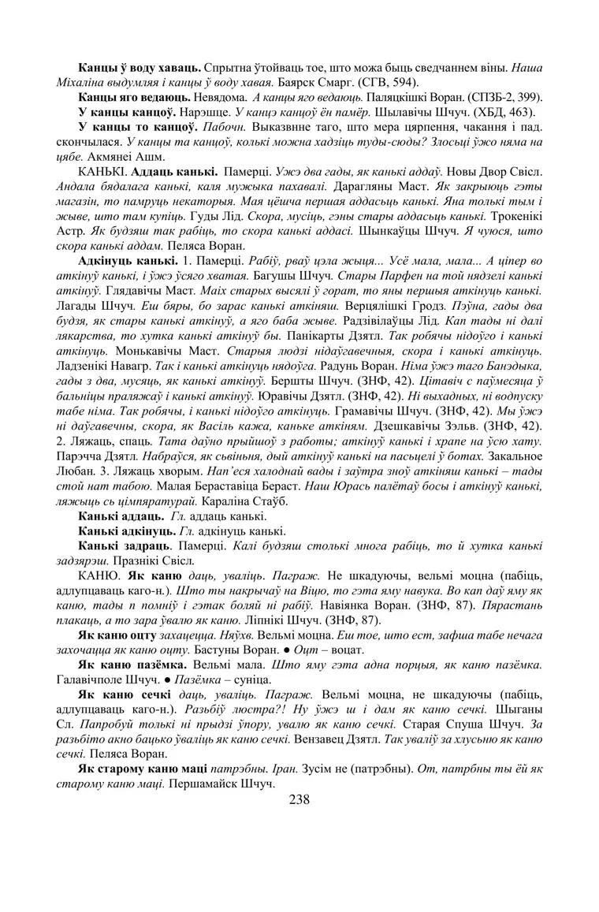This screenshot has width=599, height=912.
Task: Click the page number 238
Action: click(299, 799)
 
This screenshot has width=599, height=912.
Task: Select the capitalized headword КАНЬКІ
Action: click(100, 170)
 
